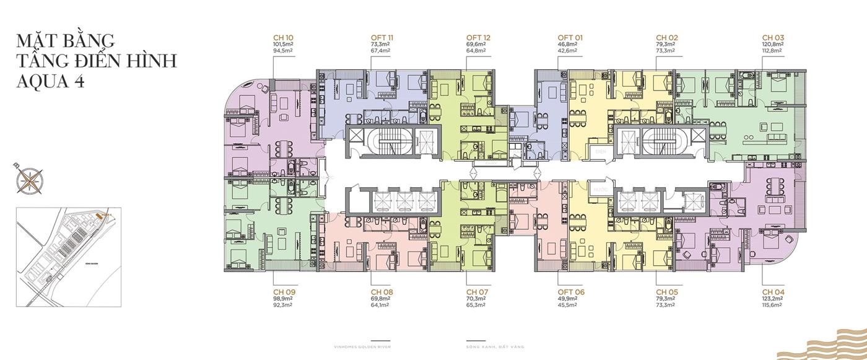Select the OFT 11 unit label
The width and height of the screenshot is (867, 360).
click(383, 38)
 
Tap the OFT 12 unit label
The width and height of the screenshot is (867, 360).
click(478, 38)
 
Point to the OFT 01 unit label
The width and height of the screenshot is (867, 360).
click(570, 38)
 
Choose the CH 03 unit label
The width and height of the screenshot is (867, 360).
click(773, 38)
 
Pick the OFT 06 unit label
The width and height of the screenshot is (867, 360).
click(570, 291)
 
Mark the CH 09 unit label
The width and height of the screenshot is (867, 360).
click(284, 291)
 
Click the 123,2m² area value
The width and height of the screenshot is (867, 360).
click(773, 298)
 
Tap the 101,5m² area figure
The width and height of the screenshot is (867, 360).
click(283, 45)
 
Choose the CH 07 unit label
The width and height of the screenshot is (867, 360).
click(477, 291)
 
